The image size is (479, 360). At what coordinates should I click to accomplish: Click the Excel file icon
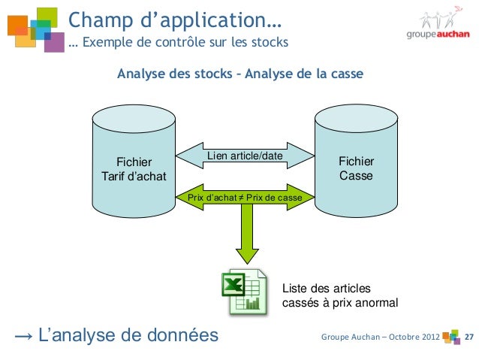tap(242, 292)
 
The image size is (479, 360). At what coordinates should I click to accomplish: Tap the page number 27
tap(469, 335)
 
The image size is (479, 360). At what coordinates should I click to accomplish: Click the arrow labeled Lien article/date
tap(246, 156)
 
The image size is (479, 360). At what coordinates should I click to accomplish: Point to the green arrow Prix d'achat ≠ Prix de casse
tap(245, 198)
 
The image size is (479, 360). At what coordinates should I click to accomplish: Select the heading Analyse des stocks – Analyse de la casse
tap(240, 74)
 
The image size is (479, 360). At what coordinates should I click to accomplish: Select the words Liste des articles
tap(325, 289)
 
